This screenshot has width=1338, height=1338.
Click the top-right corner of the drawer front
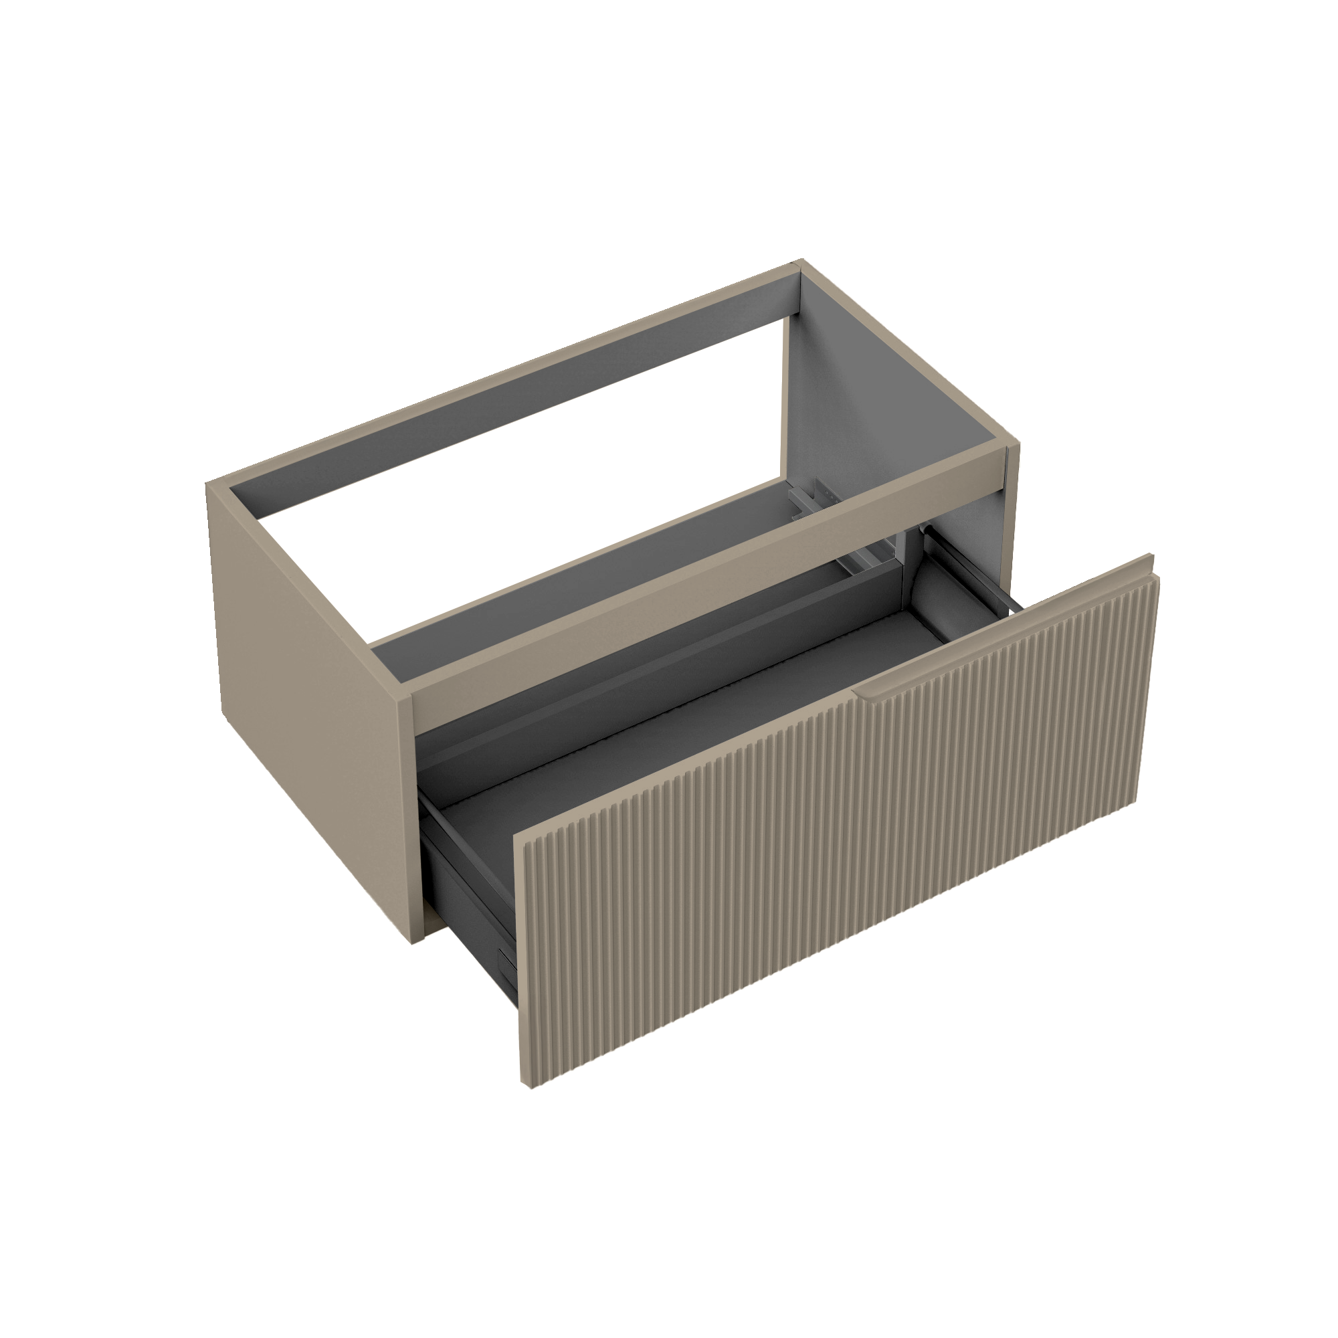tap(1151, 555)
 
